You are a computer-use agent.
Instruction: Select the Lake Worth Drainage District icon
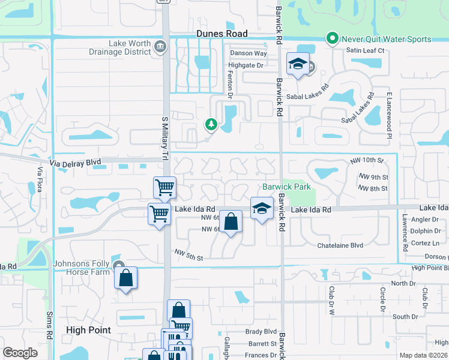tap(160, 47)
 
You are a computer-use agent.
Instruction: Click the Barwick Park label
tap(286, 187)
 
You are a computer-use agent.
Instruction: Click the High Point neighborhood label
tap(88, 330)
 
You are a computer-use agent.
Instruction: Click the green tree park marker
tap(211, 124)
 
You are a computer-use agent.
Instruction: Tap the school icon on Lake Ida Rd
tap(262, 208)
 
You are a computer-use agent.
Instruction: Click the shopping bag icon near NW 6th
tap(231, 221)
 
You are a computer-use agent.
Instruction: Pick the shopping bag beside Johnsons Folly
tap(125, 278)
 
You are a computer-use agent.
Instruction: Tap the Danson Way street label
tap(249, 53)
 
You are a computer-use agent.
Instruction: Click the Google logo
tap(20, 353)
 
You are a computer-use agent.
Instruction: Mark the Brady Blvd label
tap(261, 331)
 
